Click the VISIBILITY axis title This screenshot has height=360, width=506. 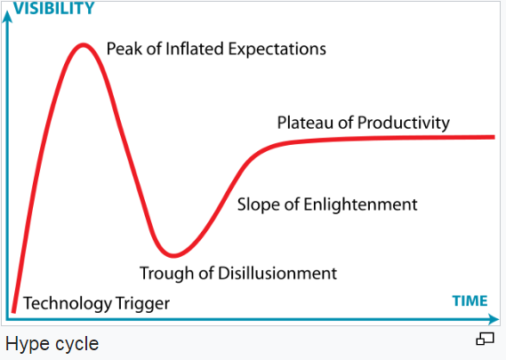tap(53, 8)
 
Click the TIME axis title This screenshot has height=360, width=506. tap(470, 301)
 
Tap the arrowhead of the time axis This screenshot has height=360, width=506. tap(494, 319)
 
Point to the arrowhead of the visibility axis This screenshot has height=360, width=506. tap(7, 17)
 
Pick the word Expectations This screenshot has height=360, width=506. tap(277, 50)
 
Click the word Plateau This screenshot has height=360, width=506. tap(305, 123)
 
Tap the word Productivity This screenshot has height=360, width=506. tap(404, 124)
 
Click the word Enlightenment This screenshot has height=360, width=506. tap(360, 205)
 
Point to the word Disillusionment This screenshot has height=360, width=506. tap(277, 273)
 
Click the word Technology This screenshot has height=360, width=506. tap(67, 303)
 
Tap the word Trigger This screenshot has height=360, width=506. tap(142, 304)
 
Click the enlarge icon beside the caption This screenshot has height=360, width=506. tap(485, 339)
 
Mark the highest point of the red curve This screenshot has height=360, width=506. tap(84, 44)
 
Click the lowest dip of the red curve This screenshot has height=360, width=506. tap(173, 255)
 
